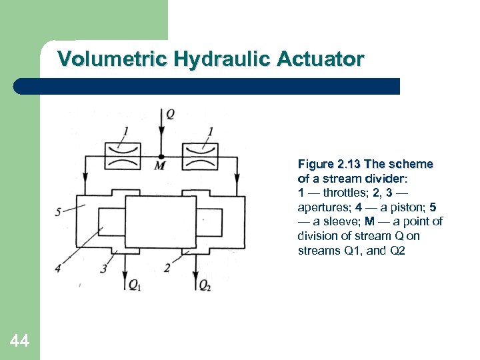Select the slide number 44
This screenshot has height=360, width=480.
tap(19, 341)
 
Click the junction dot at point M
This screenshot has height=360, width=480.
tap(161, 157)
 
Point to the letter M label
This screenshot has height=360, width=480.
tap(160, 166)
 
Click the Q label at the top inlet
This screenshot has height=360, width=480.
tap(170, 114)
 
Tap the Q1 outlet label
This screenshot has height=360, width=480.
tap(135, 285)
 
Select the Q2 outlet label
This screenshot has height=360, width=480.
tap(205, 285)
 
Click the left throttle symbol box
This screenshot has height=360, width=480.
tap(123, 156)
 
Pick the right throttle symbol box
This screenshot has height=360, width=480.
tap(200, 156)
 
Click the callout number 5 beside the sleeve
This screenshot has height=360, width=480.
tap(58, 212)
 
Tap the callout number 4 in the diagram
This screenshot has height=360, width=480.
tap(58, 268)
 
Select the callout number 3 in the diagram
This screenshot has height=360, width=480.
tap(104, 269)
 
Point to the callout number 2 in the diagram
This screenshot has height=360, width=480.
tap(167, 268)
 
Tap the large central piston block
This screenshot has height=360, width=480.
tap(161, 222)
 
